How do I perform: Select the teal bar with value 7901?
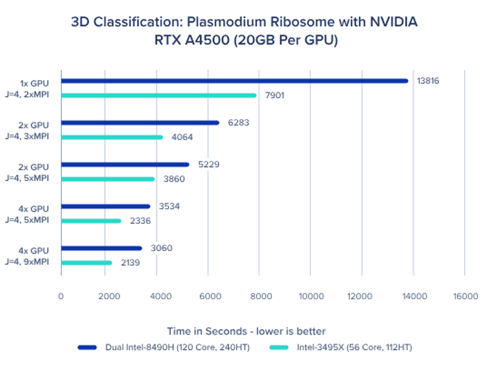click(x=159, y=95)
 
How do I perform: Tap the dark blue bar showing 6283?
click(x=140, y=123)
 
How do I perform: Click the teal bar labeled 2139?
click(x=86, y=262)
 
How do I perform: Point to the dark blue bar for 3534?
click(x=105, y=206)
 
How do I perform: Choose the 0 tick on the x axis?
click(x=61, y=296)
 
